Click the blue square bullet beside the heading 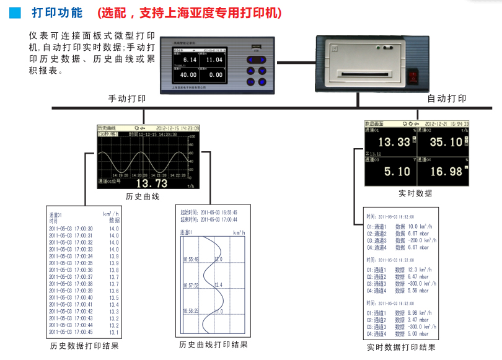click(x=16, y=12)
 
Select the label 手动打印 click(x=127, y=99)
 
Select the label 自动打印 click(x=447, y=99)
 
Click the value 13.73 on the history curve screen click(x=152, y=183)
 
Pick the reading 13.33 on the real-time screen click(x=394, y=143)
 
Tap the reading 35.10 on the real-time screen click(x=446, y=143)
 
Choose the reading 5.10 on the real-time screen click(x=397, y=172)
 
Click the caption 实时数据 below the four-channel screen click(x=415, y=193)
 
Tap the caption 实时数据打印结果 click(x=401, y=348)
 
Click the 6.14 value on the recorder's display click(x=190, y=59)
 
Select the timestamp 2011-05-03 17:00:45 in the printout click(x=71, y=332)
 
